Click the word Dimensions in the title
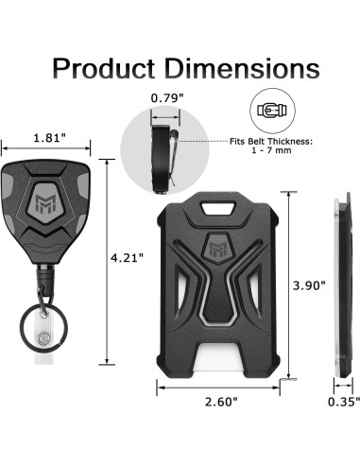[240, 67]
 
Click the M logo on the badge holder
[218, 250]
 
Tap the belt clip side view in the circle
[164, 142]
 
